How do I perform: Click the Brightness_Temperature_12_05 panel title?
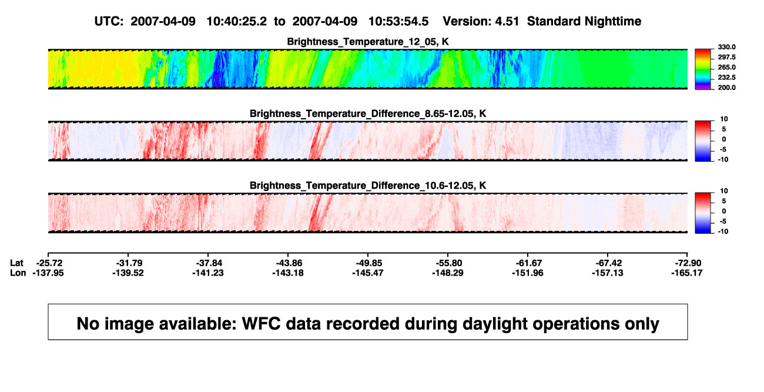[x=368, y=42]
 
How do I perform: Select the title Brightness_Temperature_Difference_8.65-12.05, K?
[x=368, y=113]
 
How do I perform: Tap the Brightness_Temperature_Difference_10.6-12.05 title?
[x=368, y=186]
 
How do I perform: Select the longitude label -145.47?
[x=368, y=273]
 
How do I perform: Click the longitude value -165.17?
[x=687, y=273]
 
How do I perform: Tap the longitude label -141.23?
[x=207, y=273]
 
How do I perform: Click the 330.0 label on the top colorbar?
[x=726, y=47]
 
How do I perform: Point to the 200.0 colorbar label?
[x=726, y=88]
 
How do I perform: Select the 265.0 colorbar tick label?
[x=726, y=67]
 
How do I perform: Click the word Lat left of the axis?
[x=16, y=263]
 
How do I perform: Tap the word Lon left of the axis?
[x=18, y=273]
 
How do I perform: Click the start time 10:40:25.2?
[x=236, y=21]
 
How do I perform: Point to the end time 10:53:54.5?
[x=398, y=21]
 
